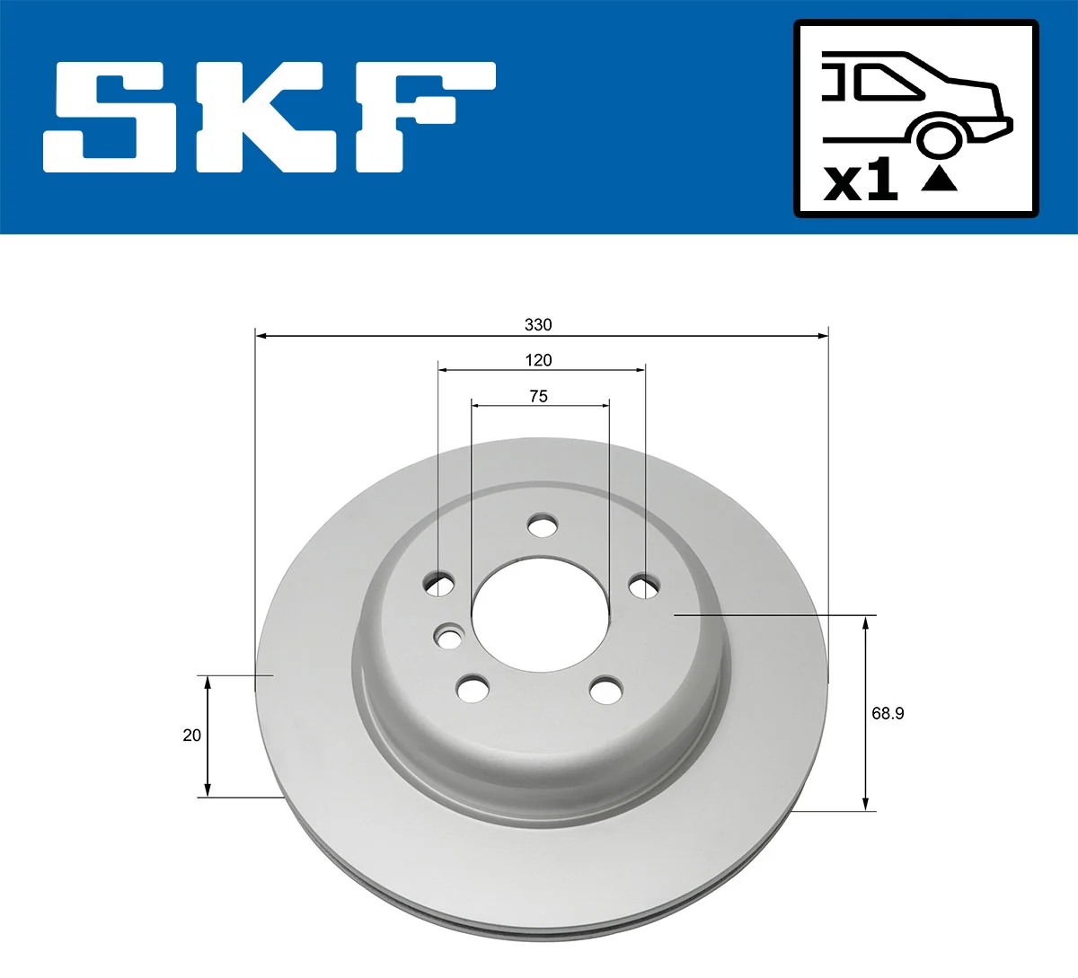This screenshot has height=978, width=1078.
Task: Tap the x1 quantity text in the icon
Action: [861, 180]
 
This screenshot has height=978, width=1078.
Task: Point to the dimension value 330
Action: [538, 324]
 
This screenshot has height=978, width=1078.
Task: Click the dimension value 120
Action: [538, 360]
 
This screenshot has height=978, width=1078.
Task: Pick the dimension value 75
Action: [538, 396]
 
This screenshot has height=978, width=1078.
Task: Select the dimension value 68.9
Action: [888, 713]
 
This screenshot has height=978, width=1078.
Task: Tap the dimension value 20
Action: [191, 735]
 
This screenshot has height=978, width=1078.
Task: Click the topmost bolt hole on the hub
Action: [542, 525]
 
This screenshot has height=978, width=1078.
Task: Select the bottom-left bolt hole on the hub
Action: [473, 690]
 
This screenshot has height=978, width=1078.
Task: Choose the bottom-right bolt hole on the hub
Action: [605, 691]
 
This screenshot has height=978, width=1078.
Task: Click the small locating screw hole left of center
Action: [448, 638]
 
